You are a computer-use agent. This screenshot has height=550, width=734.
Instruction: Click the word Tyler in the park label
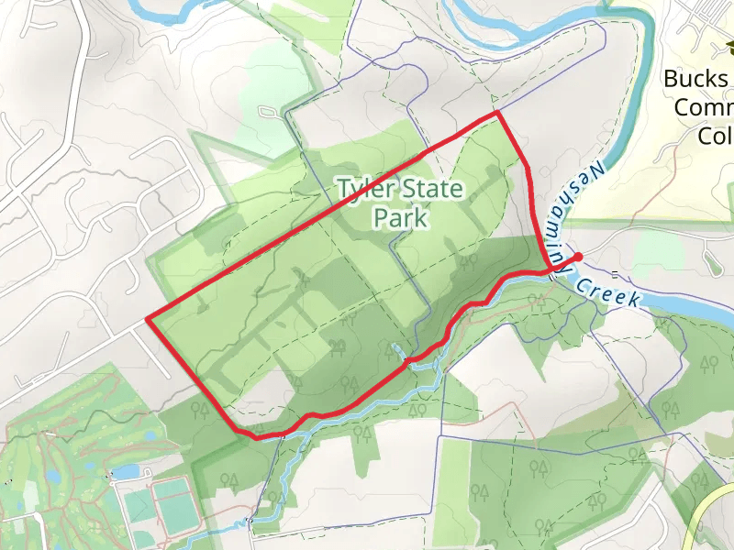[365, 190]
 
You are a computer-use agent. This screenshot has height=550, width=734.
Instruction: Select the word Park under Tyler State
[401, 218]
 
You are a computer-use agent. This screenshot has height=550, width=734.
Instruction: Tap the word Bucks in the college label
[695, 79]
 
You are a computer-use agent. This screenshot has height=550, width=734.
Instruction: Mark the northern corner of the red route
[496, 113]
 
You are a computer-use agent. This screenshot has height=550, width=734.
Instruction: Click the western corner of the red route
[147, 320]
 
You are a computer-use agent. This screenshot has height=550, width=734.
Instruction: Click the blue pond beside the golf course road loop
[122, 472]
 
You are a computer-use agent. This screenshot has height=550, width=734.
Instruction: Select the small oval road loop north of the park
[268, 113]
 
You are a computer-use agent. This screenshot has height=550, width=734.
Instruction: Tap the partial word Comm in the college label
[703, 108]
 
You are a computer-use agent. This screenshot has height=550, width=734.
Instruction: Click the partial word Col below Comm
[714, 136]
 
